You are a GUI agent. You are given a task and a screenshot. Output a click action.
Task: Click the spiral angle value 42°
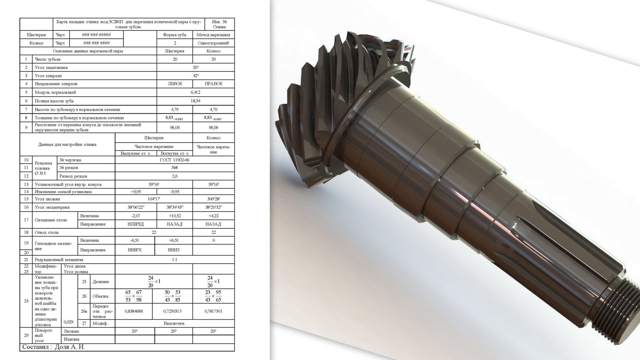196,76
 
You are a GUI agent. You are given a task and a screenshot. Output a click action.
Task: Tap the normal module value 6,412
196,92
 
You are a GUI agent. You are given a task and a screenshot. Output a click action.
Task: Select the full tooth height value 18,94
196,101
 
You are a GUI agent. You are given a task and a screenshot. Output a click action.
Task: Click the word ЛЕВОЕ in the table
175,84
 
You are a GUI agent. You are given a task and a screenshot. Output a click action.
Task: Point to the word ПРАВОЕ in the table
213,84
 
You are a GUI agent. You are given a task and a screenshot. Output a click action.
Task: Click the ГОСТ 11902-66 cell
175,160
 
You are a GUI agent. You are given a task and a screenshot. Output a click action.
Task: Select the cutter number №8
175,168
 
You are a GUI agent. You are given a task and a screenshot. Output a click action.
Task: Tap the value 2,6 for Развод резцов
175,176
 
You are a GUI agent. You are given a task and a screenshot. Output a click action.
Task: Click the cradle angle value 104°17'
154,199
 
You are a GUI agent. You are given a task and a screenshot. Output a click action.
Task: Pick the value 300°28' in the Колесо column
213,199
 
